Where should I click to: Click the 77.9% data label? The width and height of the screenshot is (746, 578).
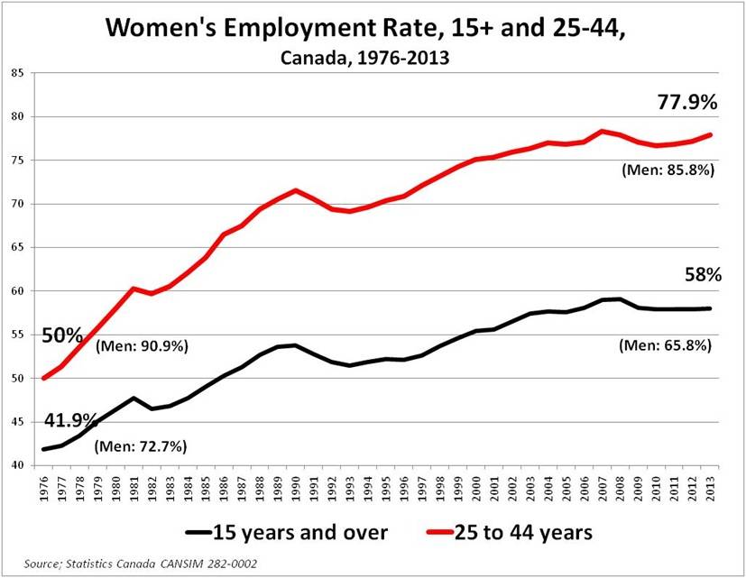point(686,103)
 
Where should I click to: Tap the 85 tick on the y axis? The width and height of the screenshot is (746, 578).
point(16,73)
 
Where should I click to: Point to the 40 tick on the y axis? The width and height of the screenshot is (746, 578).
point(16,465)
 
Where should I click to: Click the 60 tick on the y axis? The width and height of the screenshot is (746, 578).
point(16,291)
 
